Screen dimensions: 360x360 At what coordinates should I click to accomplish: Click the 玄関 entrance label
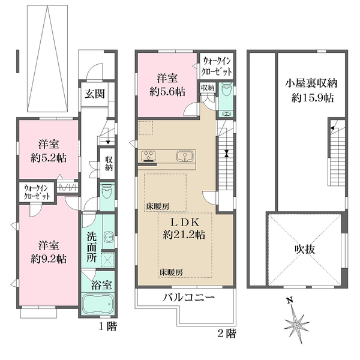pos(93,94)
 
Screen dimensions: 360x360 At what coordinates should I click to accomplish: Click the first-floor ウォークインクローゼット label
pos(36,193)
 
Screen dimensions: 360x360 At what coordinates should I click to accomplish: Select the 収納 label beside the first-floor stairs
pos(109,164)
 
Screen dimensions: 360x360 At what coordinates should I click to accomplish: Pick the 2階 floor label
pos(227,332)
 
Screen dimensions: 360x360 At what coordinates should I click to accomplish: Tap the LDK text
pos(184,221)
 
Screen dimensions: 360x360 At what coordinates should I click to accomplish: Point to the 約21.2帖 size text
pos(184,235)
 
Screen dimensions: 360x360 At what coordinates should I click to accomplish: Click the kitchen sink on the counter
pos(185,157)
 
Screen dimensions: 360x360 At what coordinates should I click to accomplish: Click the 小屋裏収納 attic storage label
pos(310,83)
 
